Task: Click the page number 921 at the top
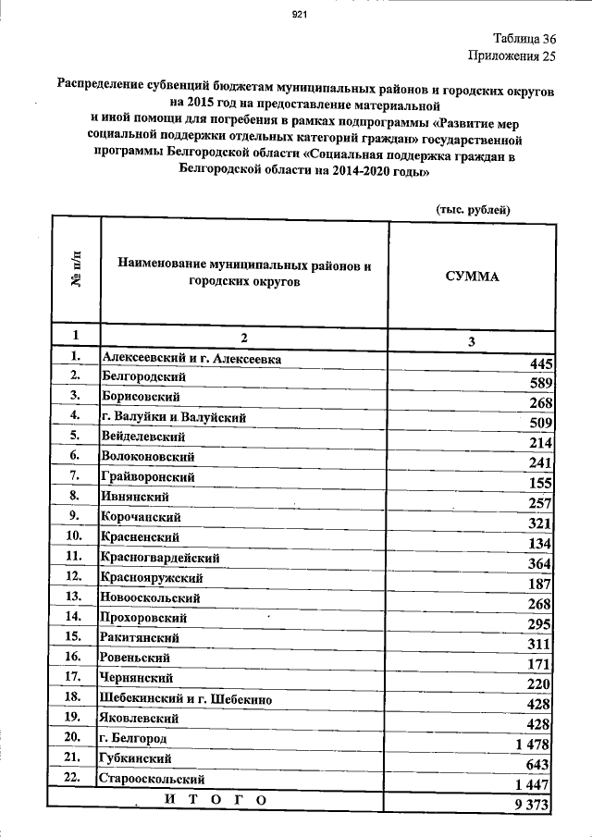(x=299, y=14)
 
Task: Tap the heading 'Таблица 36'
(x=524, y=39)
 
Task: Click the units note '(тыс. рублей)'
(x=474, y=210)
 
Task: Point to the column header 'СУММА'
(x=472, y=276)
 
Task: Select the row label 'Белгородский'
(x=144, y=377)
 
